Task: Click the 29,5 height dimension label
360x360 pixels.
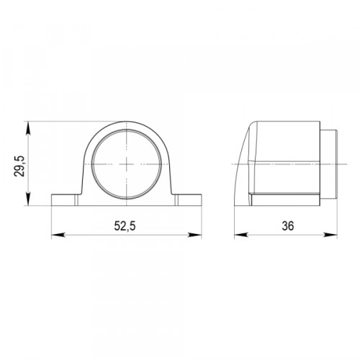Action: pos(19,166)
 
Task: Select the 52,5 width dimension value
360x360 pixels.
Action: pos(125,226)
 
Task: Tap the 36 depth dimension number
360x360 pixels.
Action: pos(288,226)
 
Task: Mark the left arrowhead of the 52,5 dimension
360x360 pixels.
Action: pos(58,235)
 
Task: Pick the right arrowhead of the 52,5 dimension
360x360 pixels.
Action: pos(194,235)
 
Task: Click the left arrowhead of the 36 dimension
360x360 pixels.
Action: pos(241,235)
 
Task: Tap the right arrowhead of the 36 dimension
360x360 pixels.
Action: pos(330,235)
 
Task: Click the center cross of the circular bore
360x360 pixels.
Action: pos(127,164)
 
